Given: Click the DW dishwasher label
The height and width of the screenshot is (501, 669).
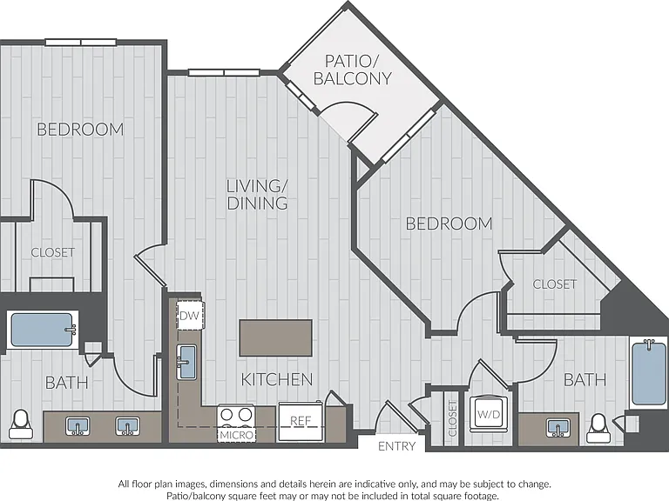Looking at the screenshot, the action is tap(189, 316).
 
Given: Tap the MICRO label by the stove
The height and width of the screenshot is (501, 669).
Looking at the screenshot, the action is tap(237, 435).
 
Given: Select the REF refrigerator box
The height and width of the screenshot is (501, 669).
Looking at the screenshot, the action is tap(301, 422).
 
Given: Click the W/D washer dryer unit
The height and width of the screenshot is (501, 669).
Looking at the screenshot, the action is tap(489, 414).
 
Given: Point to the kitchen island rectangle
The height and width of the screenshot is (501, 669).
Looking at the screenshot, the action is tap(275, 337).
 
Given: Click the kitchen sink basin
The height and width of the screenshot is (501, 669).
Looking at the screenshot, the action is tap(187, 362).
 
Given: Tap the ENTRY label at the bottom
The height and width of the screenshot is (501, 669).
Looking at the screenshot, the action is tap(397, 446).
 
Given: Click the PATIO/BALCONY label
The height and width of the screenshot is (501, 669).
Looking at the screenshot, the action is tap(353, 70).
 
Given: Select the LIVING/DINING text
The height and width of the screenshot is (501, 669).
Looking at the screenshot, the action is tap(257, 195).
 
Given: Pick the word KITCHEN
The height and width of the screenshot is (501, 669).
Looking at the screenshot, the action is tap(277, 379).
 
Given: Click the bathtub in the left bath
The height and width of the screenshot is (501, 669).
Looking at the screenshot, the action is tap(42, 330).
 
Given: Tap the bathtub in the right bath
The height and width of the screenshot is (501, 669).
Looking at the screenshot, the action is tap(648, 373).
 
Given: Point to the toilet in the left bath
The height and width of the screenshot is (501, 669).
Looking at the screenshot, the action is tap(20, 424).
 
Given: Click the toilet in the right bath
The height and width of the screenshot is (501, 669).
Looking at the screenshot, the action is tap(598, 428).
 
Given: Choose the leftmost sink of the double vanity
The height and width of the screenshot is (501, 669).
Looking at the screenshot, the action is tap(78, 426).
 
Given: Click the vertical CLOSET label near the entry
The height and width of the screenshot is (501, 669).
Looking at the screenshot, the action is tap(453, 418).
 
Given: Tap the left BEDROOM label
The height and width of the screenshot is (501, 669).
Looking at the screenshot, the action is tap(80, 130).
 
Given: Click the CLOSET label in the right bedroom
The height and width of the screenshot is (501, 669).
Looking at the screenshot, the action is tap(555, 284).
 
